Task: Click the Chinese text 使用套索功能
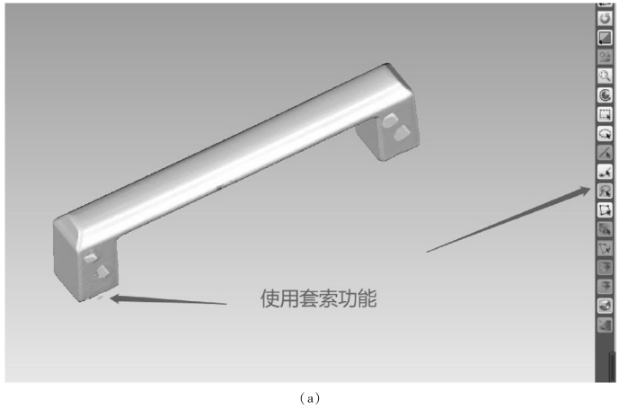(x=318, y=298)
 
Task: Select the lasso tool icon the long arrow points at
(x=606, y=190)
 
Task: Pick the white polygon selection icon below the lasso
(x=606, y=209)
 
